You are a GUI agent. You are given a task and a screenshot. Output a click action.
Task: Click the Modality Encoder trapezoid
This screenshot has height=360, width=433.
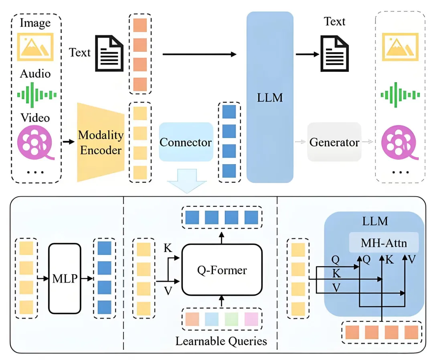pos(100,142)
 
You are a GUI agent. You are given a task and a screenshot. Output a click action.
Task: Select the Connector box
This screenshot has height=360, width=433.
pos(185,142)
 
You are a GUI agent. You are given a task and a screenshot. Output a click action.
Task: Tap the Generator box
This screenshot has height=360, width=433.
pos(334,142)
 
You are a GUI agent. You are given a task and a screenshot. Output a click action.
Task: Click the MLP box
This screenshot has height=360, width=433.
pos(64,278)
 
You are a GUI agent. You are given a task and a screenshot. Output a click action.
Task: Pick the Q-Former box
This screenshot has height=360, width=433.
pos(222,270)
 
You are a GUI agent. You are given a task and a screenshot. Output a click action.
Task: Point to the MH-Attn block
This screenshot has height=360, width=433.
pos(384,242)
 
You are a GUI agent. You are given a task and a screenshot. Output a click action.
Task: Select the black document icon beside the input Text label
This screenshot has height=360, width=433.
pos(108,53)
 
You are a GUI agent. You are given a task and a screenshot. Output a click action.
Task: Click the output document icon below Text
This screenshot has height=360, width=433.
pos(334,53)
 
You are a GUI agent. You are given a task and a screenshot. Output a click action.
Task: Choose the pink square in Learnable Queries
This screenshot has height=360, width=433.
pos(251,319)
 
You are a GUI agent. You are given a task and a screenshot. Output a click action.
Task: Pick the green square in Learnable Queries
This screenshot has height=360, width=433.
pos(231,319)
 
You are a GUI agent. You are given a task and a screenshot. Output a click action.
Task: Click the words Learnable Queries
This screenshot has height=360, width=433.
pos(221,342)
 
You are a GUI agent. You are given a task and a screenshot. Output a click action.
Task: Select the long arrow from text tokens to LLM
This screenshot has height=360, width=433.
pos(199,54)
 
